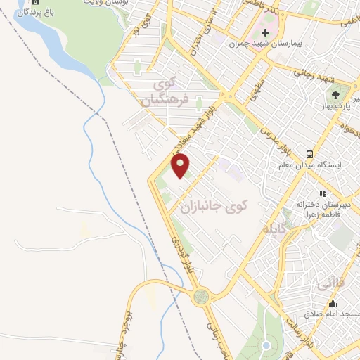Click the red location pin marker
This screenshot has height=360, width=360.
tap(181, 166)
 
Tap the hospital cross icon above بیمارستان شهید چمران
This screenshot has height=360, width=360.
tap(265, 32)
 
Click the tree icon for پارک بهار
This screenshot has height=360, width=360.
tap(335, 94)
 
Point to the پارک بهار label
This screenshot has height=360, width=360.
tap(335, 105)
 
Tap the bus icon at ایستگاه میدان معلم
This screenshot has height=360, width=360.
tap(309, 154)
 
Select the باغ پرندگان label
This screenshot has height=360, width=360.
tap(34, 13)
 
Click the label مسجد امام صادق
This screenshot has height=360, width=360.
tap(331, 313)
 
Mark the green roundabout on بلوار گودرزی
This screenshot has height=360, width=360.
tap(202, 296)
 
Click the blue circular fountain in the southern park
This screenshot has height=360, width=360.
tap(266, 345)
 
